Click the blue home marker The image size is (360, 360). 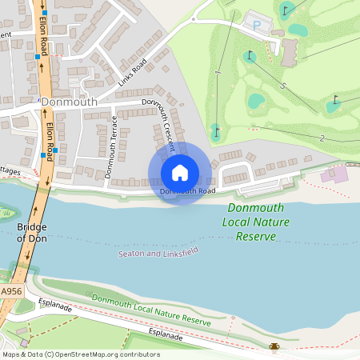(x=180, y=173)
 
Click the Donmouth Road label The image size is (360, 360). (x=187, y=191)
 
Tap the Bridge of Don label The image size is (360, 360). (x=32, y=233)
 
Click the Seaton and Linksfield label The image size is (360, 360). (x=158, y=253)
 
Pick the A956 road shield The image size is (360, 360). (x=10, y=292)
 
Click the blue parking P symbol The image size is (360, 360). (x=257, y=26)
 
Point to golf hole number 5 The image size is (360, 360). (x=282, y=85)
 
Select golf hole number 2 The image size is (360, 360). (x=322, y=138)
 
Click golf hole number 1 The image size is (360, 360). (x=218, y=74)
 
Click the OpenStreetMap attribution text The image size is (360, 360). (x=70, y=354)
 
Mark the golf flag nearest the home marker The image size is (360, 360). (x=215, y=130)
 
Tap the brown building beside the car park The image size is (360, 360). (x=290, y=51)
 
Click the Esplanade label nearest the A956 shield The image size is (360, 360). (x=55, y=306)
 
